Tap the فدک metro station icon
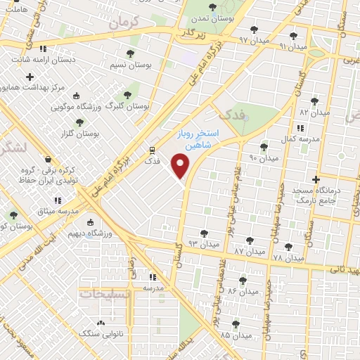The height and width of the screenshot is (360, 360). [153, 150]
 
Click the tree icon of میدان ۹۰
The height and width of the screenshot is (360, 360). [264, 148]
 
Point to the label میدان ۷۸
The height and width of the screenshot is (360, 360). [288, 258]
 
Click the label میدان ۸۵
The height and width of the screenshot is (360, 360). [234, 335]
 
